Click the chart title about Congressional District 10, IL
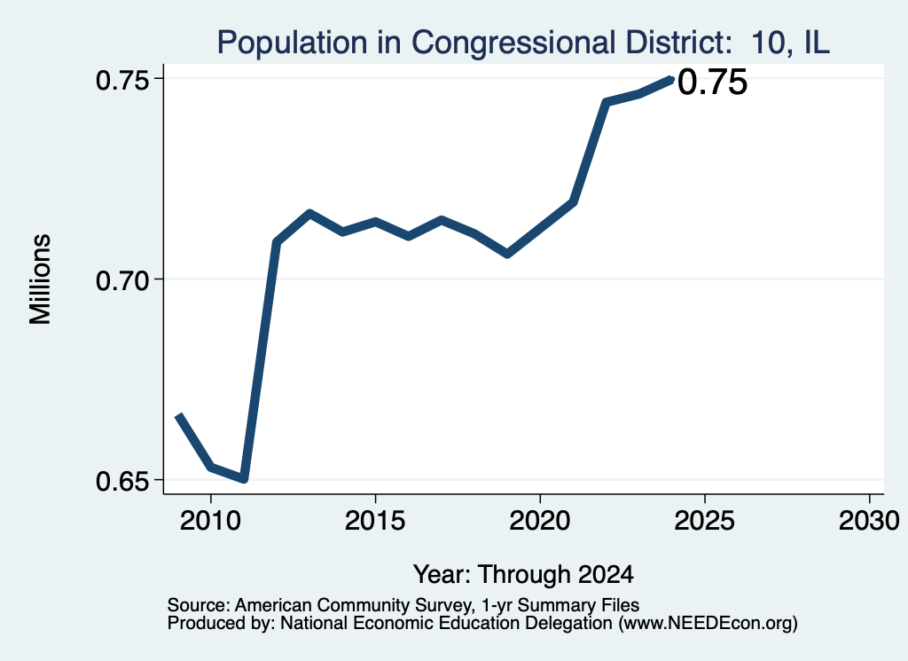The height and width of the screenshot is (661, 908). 523,43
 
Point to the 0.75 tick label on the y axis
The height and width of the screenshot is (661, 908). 122,81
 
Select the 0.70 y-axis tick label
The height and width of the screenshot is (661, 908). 122,281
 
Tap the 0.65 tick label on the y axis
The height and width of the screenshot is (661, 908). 122,482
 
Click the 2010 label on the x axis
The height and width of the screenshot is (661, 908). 211,521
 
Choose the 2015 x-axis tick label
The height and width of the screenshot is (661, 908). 375,521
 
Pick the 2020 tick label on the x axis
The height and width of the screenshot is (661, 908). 540,521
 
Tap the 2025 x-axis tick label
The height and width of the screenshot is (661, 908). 705,521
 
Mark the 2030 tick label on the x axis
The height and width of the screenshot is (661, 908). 869,521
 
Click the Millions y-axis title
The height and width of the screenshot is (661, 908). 40,279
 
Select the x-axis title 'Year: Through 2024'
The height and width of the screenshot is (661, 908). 523,574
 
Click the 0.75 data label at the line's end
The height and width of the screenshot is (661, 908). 712,82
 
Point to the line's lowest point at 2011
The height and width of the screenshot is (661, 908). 245,479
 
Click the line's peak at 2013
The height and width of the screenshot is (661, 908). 310,213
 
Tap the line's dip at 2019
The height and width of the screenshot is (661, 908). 507,254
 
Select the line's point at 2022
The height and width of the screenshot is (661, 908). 606,103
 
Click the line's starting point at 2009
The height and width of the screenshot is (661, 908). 178,416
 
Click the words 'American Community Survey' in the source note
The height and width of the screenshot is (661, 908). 353,605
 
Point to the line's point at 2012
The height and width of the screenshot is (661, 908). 277,241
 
